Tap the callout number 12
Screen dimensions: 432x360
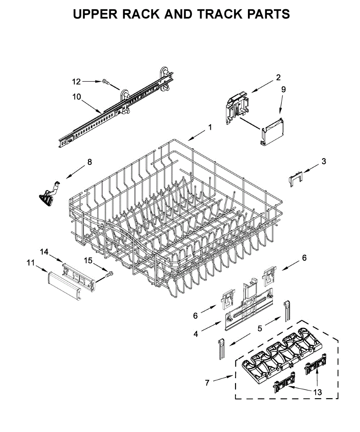tap(76, 82)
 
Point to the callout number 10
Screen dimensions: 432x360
tap(76, 96)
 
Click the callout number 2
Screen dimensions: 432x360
tap(278, 77)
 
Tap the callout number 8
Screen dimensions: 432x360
tap(89, 162)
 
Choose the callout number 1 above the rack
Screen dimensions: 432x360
tap(210, 127)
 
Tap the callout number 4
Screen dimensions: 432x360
tap(196, 334)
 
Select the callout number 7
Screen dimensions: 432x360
tap(207, 383)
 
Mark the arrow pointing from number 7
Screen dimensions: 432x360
tap(224, 379)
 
